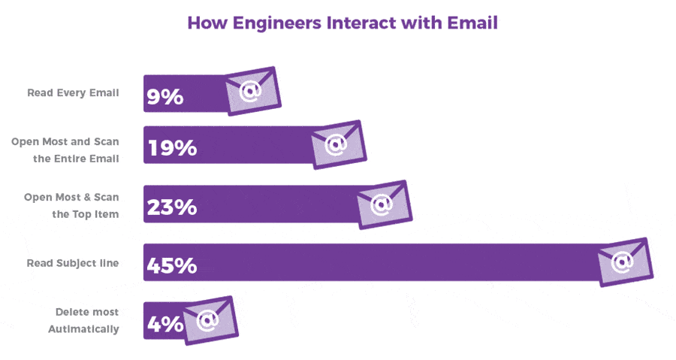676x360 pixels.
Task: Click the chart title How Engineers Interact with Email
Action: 342,23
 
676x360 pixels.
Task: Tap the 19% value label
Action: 173,147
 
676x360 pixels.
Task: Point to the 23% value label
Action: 173,206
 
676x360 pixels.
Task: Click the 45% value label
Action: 173,265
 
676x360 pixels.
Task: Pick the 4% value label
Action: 165,324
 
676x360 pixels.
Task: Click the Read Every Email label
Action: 73,93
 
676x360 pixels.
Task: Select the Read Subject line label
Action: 73,263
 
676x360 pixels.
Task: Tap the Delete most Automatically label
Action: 83,320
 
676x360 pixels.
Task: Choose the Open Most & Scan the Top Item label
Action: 71,205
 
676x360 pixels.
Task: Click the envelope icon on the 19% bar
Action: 338,143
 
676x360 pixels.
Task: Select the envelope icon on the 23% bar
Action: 383,204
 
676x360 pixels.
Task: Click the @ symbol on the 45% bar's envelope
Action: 622,262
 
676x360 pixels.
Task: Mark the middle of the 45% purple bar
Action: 376,262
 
